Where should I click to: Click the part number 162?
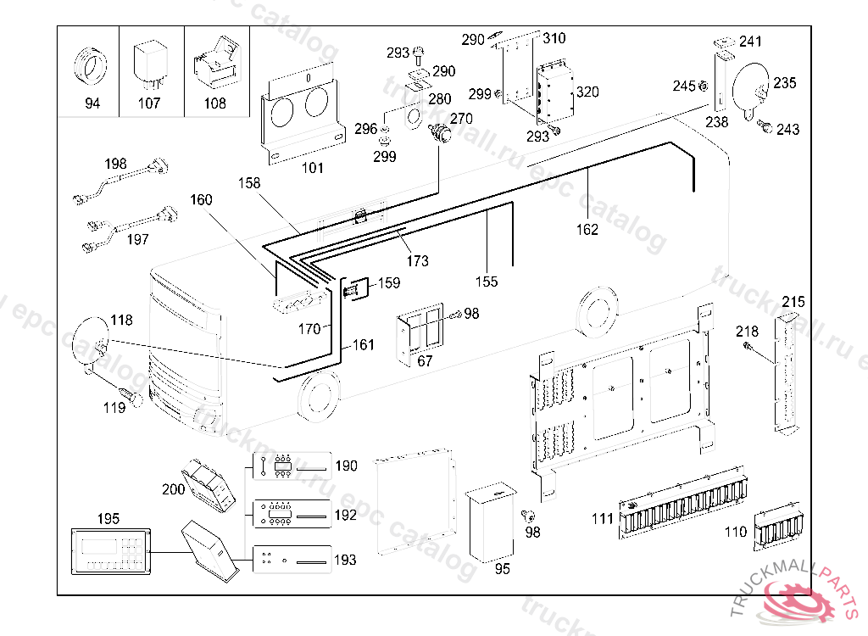(587, 229)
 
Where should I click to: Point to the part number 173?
(417, 260)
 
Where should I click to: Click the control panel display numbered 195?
(111, 550)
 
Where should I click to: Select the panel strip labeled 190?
(287, 466)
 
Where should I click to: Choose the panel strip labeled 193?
(287, 560)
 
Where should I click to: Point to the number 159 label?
(388, 283)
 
